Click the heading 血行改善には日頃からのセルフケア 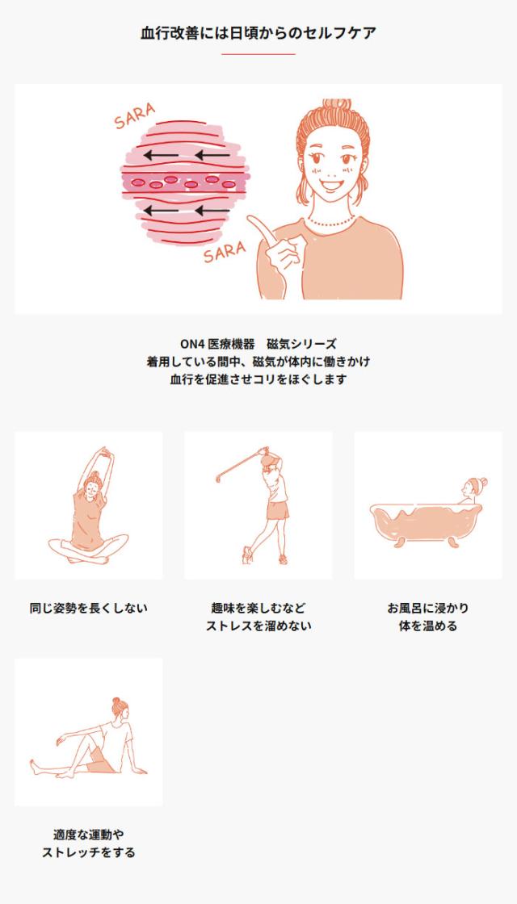click(x=258, y=33)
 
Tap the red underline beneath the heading click(x=258, y=54)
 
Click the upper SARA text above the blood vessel click(x=134, y=115)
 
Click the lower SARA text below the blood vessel click(x=225, y=252)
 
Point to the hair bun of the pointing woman click(x=336, y=106)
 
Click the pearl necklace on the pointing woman click(x=330, y=222)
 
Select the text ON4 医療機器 click(x=217, y=344)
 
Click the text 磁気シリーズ click(x=302, y=344)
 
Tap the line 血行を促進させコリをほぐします click(x=258, y=380)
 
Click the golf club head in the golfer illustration click(x=219, y=477)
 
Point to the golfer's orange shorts click(x=277, y=509)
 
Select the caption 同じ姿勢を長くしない click(x=88, y=608)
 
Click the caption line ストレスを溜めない click(x=258, y=626)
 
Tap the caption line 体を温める click(x=428, y=626)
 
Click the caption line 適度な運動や click(x=88, y=835)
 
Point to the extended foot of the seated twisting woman click(x=36, y=767)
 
